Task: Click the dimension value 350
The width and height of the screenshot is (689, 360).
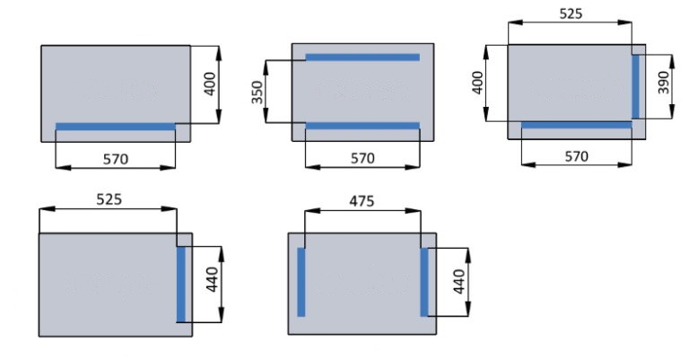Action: point(257,92)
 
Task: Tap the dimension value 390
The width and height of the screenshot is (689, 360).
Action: point(664,83)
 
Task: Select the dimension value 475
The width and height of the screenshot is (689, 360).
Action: point(362,201)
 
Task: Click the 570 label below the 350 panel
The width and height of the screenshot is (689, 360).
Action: point(362,158)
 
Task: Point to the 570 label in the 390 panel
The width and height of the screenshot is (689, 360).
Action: point(576,156)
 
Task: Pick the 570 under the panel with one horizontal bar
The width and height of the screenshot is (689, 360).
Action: point(116,159)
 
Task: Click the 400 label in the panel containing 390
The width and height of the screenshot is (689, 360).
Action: point(477,83)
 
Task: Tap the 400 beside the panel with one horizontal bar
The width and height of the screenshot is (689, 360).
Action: point(210,84)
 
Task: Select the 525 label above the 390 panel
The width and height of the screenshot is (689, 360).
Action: point(571,14)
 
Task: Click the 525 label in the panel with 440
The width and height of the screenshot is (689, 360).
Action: point(109,199)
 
